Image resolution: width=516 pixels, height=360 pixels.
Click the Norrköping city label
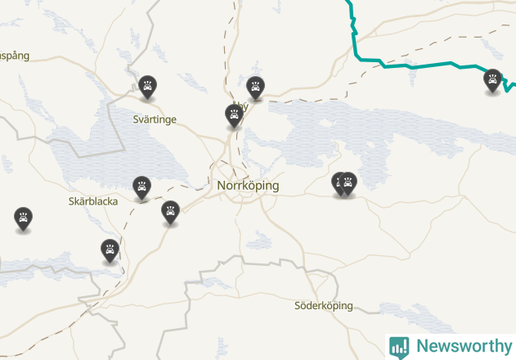coord(248,186)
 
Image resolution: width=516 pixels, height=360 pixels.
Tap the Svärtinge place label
coord(155,119)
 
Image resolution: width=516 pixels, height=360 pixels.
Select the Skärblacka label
coord(93,200)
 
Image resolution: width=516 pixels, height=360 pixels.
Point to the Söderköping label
coord(324,306)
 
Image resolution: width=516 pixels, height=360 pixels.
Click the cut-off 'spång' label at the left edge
coord(15,56)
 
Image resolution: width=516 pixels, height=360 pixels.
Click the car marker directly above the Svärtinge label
coord(147,85)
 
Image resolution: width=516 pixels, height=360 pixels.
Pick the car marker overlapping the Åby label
coord(235,115)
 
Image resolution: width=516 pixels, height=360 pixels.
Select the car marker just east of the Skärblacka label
coord(142,187)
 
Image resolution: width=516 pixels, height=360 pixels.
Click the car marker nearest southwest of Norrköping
coord(170,212)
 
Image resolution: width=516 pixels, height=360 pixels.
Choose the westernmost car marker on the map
coord(23,218)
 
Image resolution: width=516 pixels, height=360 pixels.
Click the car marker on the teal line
coord(492,80)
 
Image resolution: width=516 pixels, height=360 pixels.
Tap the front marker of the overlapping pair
coord(348,183)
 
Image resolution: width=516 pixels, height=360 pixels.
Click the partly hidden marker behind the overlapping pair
coord(338,183)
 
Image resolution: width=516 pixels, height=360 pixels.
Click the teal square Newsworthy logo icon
coord(399,346)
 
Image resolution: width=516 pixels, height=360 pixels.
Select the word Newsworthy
coord(463,346)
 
